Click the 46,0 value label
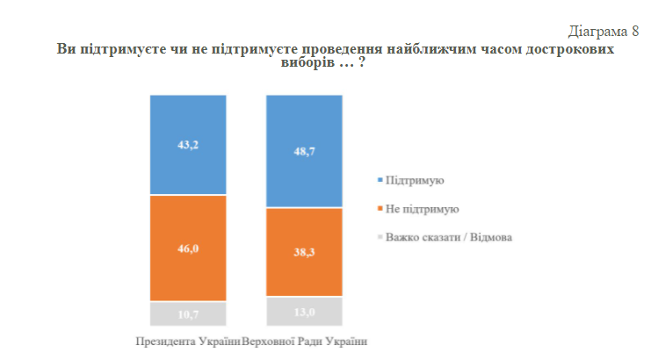[189, 248]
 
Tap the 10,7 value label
[189, 313]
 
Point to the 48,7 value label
[305, 151]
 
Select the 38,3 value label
[305, 252]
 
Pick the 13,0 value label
[305, 311]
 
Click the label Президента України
[187, 341]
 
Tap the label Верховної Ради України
[304, 341]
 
